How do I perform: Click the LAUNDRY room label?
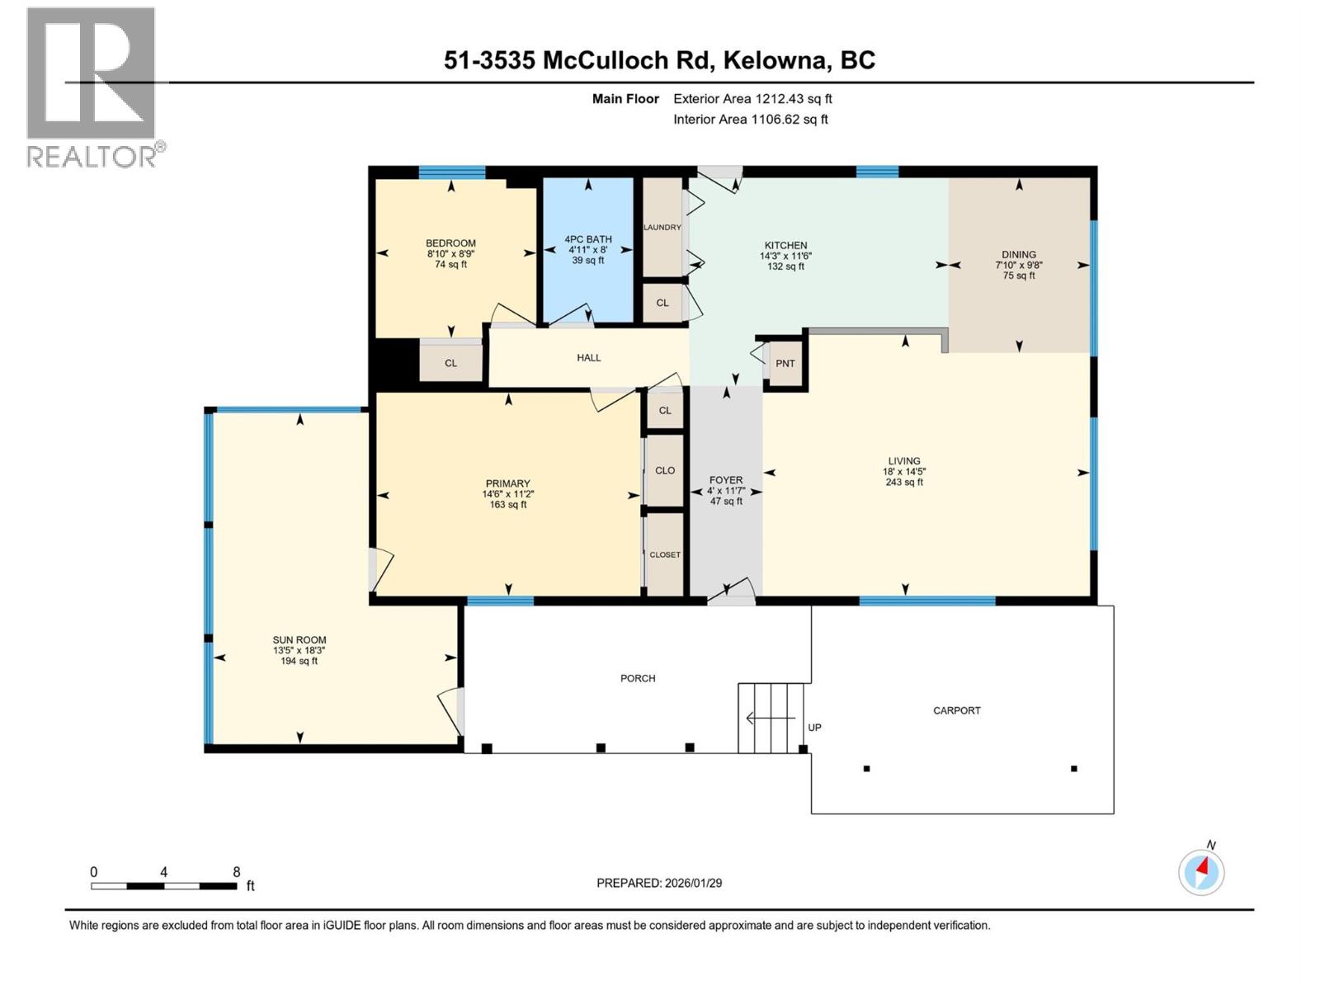(x=662, y=228)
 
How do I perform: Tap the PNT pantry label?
(x=785, y=364)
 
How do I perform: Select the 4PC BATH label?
(x=588, y=239)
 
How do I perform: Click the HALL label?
(x=588, y=358)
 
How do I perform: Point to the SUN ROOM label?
(x=299, y=640)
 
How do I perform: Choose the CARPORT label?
(x=957, y=710)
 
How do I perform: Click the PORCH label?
(x=638, y=678)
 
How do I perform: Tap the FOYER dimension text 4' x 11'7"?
(x=726, y=491)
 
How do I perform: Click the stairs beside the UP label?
(x=771, y=718)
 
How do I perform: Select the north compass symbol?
(x=1201, y=871)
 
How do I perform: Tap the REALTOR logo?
(x=92, y=87)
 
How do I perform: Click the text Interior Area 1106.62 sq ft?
(x=750, y=120)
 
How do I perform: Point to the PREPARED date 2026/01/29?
(x=659, y=883)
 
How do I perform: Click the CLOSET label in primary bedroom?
(x=665, y=555)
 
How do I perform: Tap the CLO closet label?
(x=665, y=470)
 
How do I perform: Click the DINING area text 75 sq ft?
(x=1019, y=276)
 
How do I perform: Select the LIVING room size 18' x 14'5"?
(x=904, y=472)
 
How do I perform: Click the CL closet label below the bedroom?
(x=450, y=363)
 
